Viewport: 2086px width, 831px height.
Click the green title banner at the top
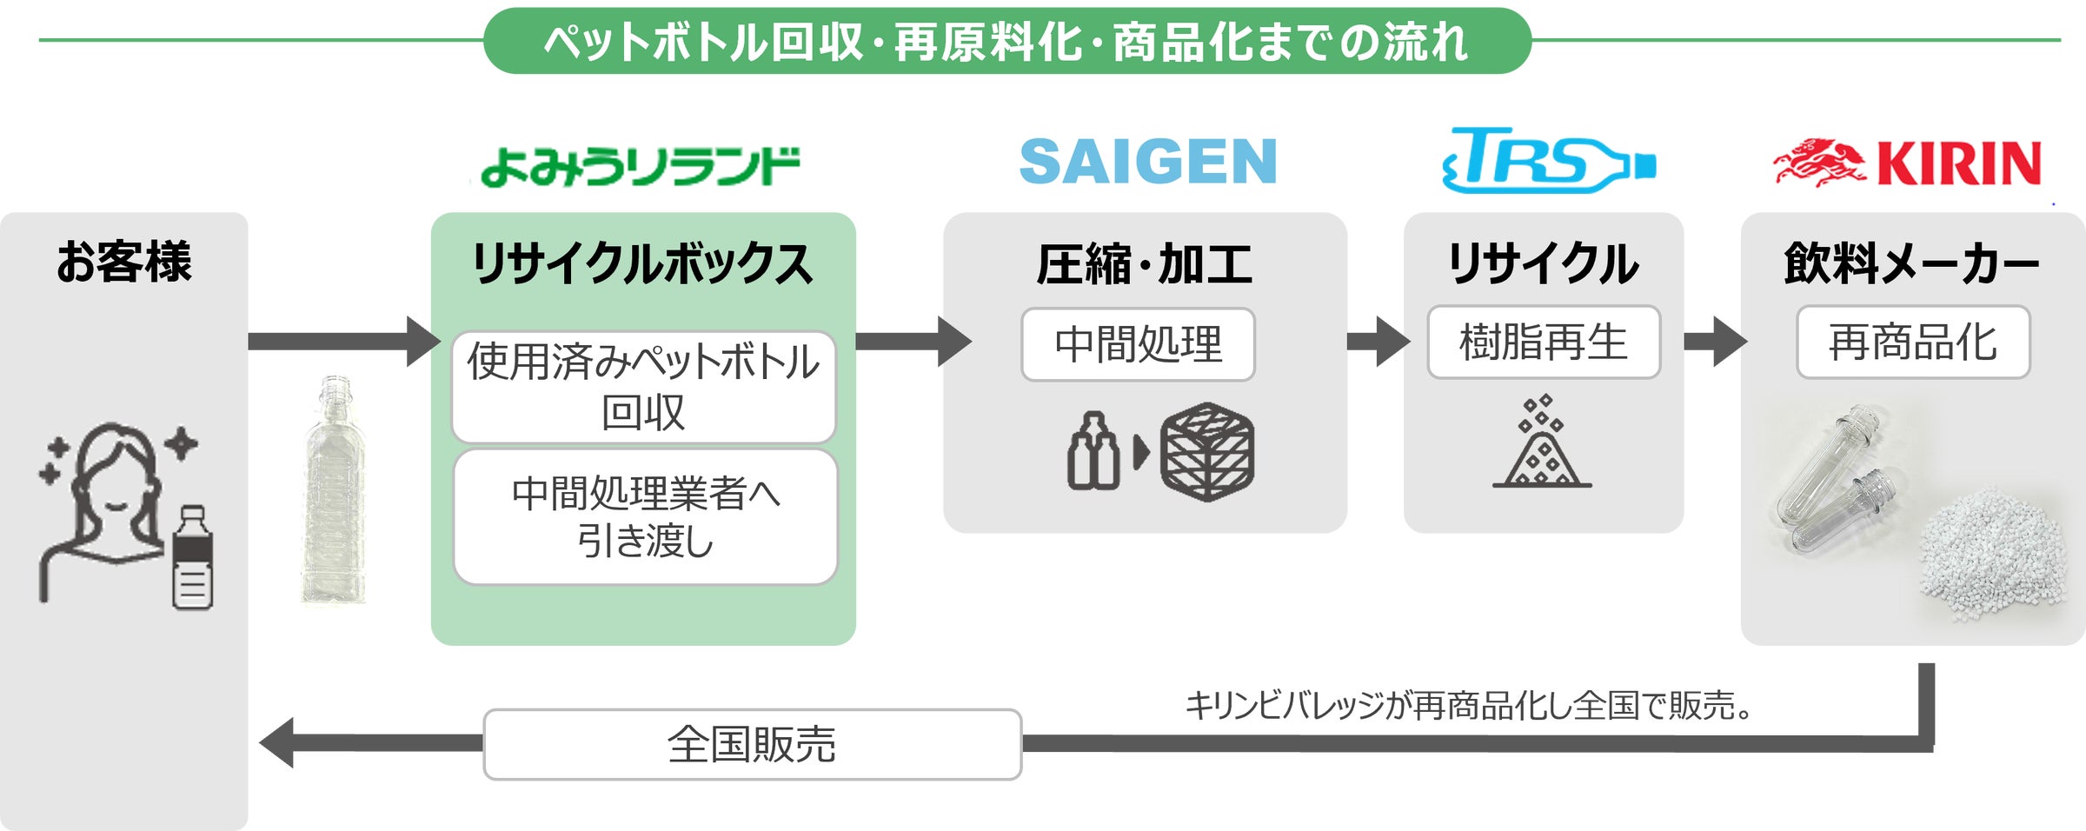[1006, 41]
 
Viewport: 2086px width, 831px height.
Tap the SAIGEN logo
[1147, 162]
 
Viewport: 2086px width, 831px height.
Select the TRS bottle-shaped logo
[1548, 161]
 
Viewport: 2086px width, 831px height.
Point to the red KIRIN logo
[1908, 163]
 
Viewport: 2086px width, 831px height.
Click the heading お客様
[123, 262]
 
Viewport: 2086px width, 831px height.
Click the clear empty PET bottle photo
[334, 491]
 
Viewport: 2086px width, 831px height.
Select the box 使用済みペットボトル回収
[643, 387]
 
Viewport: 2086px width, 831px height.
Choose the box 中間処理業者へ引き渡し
[645, 517]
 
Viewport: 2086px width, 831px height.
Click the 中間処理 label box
[1138, 344]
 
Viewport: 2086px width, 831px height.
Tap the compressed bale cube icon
[1207, 451]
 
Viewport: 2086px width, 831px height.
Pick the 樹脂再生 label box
[1543, 342]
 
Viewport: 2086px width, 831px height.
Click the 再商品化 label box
[1912, 342]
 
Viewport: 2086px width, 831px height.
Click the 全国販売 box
[752, 744]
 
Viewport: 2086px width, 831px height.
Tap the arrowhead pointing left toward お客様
[278, 742]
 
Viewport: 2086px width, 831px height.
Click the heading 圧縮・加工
[1144, 264]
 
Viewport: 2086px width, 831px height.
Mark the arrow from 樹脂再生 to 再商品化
[1714, 341]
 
